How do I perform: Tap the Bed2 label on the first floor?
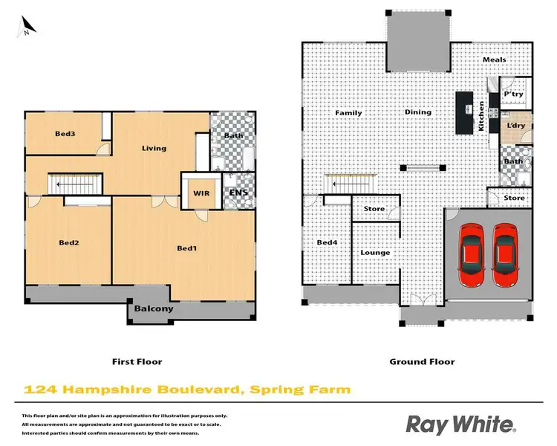pos(70,242)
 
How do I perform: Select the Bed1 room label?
pos(187,248)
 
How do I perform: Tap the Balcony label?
pos(154,308)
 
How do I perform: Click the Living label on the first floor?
pos(154,148)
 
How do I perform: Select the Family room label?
pos(348,113)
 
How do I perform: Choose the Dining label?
pos(417,113)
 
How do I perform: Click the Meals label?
pos(494,60)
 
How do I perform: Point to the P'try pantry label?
pos(514,95)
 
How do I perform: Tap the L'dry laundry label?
pos(515,126)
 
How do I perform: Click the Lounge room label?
pos(375,253)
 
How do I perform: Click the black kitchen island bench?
pos(466,113)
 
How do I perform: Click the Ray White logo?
pos(460,424)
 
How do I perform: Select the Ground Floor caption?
pos(422,362)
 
